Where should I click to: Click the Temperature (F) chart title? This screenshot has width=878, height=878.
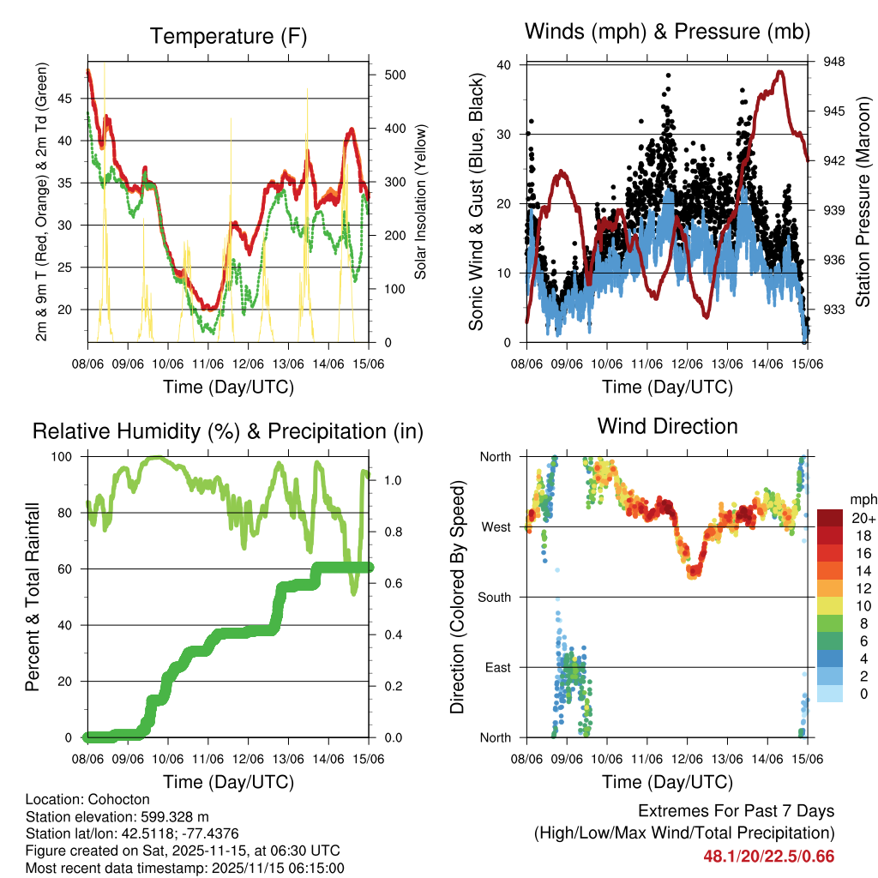pos(228,36)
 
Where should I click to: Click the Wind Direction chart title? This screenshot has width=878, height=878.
pos(667,425)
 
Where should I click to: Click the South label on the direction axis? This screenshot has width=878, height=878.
pos(495,597)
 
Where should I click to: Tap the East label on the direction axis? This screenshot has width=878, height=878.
pos(497,667)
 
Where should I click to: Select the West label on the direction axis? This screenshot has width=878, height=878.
pos(496,526)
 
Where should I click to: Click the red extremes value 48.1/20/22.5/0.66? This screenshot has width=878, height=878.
pos(768,856)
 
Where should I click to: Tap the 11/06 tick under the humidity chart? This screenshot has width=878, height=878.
pos(207,758)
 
